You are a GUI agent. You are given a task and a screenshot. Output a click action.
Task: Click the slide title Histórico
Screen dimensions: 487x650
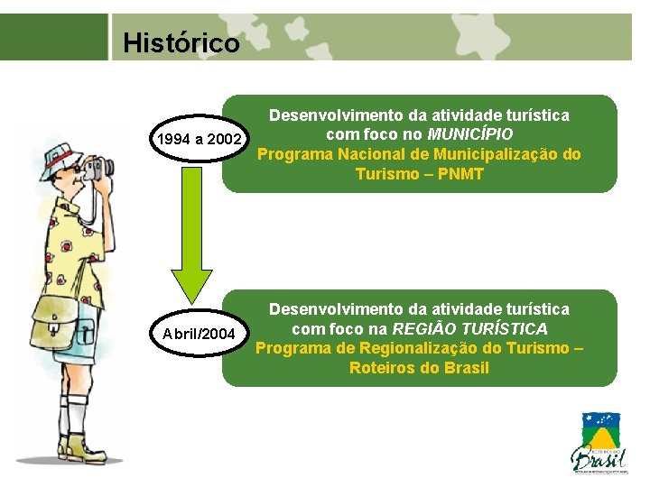[x=181, y=42]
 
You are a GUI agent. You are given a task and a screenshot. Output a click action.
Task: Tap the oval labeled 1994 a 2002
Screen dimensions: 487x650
[x=199, y=140]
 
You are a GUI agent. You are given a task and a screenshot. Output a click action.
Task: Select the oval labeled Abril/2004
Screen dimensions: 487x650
[x=199, y=335]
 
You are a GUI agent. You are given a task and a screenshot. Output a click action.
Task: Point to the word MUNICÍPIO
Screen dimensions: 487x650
[x=470, y=134]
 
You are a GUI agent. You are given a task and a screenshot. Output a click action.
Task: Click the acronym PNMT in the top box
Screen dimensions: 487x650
[x=460, y=174]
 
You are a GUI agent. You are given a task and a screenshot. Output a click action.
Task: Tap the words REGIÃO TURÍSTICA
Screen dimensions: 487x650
[x=470, y=328]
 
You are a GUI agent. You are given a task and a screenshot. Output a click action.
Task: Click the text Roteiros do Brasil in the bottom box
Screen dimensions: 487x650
[x=419, y=368]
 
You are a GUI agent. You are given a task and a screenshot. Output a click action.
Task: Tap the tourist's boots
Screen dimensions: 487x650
[x=74, y=447]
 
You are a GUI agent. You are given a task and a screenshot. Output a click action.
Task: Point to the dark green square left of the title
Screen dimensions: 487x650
[x=53, y=37]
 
